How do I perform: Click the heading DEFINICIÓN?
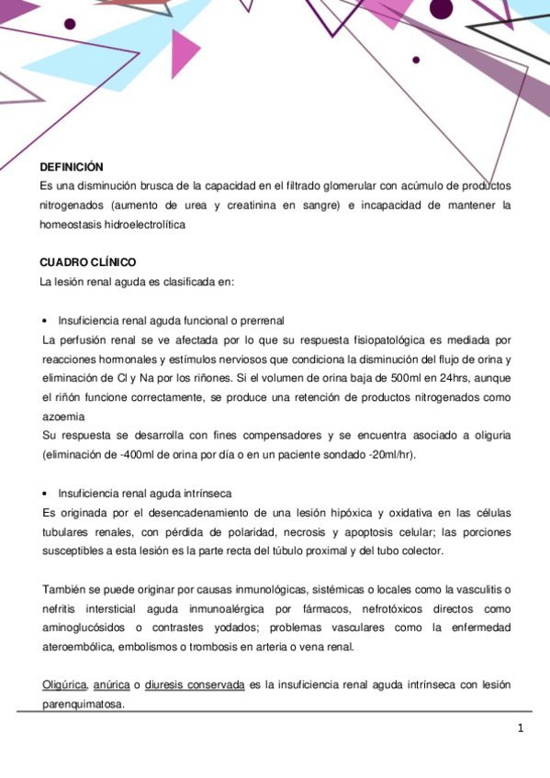[71, 167]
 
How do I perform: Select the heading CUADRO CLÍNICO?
[86, 262]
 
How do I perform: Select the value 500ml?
[379, 377]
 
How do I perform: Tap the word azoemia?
[63, 415]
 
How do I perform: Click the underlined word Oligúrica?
[64, 684]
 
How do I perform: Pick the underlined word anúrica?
[111, 684]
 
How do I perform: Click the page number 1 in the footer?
[521, 729]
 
